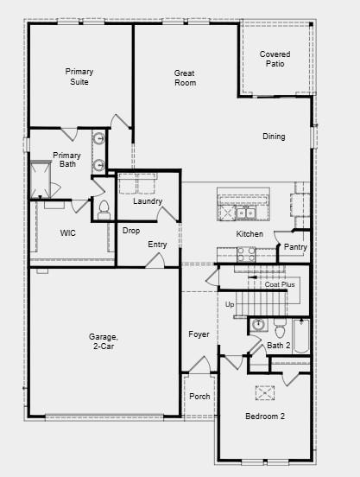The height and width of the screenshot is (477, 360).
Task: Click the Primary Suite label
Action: (79, 77)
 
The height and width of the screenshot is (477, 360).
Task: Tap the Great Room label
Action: (185, 78)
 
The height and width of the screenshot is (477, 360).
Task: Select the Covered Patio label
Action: (275, 59)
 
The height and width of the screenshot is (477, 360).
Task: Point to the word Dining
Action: (274, 137)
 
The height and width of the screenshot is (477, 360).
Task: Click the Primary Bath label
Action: (66, 160)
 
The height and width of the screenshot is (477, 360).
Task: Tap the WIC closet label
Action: (68, 233)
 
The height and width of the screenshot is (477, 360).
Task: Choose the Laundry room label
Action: (148, 201)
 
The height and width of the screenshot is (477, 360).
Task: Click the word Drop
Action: (131, 231)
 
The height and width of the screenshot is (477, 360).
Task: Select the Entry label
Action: (157, 245)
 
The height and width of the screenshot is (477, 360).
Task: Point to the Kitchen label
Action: (249, 234)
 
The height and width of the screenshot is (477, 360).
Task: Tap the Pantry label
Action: (295, 247)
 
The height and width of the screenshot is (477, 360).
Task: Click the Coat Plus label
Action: (280, 284)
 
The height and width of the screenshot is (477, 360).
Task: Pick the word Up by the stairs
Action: (230, 305)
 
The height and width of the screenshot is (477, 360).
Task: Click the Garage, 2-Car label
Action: (101, 341)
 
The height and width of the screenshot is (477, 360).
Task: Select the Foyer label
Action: (199, 334)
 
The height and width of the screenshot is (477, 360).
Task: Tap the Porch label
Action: (199, 397)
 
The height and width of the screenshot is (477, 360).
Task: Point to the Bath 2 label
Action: (278, 346)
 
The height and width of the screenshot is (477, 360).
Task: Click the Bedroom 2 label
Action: (264, 417)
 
